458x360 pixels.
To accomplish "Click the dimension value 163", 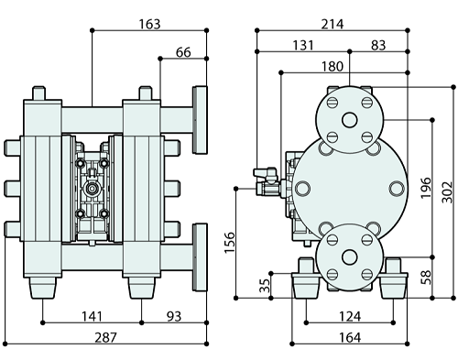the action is [x=149, y=24].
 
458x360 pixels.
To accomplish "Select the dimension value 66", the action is [x=183, y=52].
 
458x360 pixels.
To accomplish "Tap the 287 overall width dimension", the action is [x=105, y=337].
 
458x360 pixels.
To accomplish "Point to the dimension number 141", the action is [x=92, y=316].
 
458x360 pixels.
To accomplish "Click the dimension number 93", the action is [x=174, y=316].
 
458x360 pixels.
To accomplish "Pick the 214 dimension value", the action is [x=333, y=24].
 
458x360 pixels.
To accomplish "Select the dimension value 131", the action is [x=303, y=45].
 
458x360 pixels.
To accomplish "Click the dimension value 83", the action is [x=378, y=45].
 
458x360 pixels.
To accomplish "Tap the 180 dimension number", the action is [x=333, y=66].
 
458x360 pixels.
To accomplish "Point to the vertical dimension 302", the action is [x=447, y=192].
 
